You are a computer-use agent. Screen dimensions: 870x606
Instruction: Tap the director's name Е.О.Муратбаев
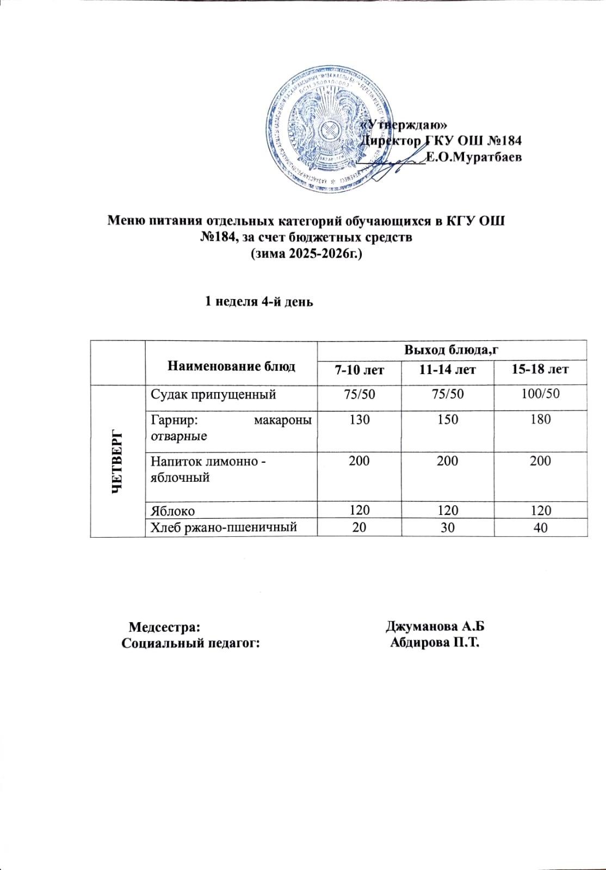click(473, 158)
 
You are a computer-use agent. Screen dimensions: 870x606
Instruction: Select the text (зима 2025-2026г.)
click(305, 253)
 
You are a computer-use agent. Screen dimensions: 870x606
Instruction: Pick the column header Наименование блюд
click(231, 366)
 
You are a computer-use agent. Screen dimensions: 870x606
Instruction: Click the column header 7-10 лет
click(359, 370)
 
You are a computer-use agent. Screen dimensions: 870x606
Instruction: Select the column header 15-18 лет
click(540, 370)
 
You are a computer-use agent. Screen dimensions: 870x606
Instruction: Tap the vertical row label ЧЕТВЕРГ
click(118, 461)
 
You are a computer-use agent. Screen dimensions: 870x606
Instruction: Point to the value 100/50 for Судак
click(540, 394)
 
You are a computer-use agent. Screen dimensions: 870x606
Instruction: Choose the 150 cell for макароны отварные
click(447, 419)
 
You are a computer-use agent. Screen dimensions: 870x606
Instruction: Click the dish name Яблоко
click(172, 511)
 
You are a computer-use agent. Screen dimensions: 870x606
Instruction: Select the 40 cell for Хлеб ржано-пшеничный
click(540, 527)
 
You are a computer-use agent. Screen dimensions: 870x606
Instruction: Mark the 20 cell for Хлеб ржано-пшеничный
click(359, 527)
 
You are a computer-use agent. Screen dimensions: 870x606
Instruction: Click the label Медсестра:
click(164, 627)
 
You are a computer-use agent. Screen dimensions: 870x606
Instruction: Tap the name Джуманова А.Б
click(435, 626)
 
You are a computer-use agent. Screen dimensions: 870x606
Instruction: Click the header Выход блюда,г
click(452, 350)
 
